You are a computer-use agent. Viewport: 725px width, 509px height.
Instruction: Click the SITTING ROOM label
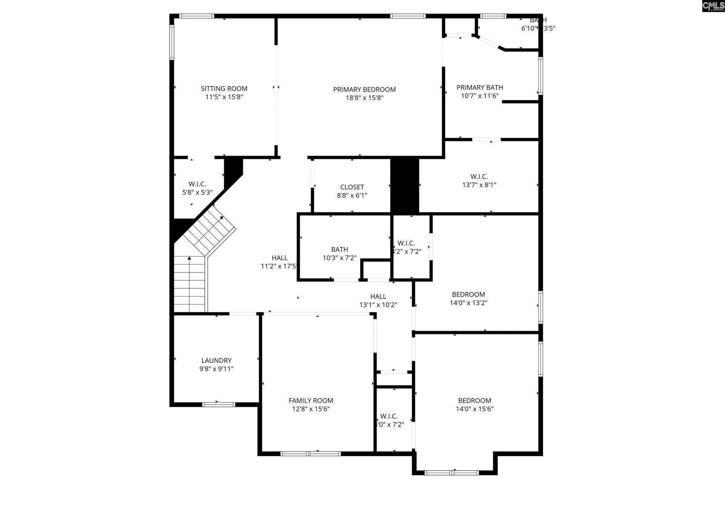(224, 89)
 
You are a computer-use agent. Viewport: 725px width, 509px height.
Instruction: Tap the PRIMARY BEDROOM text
(364, 90)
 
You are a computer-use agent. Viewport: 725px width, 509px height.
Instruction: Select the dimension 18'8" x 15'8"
(364, 98)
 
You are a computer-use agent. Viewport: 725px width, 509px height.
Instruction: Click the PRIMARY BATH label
(480, 88)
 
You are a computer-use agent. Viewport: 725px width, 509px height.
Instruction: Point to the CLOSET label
(352, 187)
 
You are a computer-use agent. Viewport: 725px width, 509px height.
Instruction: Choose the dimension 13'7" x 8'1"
(479, 185)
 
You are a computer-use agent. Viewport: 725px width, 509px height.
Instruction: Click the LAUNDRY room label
(216, 360)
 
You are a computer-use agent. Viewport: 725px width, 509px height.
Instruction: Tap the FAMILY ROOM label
(311, 401)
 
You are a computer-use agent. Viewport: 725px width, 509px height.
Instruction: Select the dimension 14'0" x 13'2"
(468, 303)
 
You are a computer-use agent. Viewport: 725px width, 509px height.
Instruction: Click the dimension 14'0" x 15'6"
(474, 409)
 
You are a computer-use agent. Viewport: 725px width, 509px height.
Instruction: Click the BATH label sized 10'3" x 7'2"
(339, 249)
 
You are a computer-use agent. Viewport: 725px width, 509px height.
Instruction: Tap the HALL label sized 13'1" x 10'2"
(378, 297)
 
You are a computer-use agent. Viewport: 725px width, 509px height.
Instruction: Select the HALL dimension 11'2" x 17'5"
(279, 266)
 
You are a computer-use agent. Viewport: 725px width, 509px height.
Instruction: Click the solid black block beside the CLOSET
(404, 185)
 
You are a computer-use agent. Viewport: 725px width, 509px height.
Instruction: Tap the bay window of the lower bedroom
(452, 472)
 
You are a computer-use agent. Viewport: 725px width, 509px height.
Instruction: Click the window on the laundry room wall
(219, 404)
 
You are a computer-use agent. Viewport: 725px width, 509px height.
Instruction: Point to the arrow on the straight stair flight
(189, 258)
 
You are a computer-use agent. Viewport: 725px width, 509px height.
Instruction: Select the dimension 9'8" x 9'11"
(216, 369)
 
